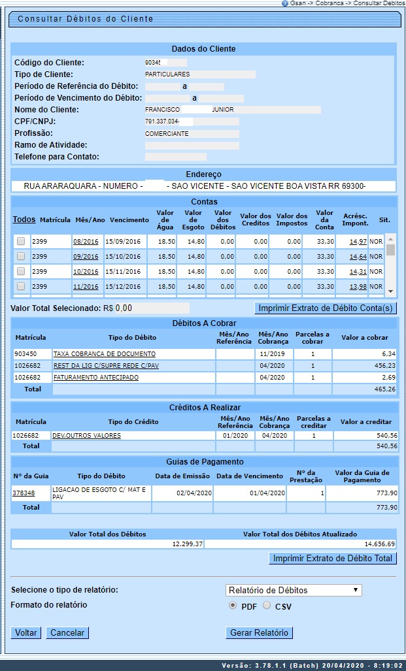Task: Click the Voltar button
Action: pos(26,632)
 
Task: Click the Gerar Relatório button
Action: pos(260,632)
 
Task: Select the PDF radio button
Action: pos(233,606)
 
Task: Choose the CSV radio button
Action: pos(267,606)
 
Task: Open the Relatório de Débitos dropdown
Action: pos(293,590)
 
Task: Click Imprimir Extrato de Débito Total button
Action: pos(333,559)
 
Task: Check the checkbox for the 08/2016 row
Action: pos(21,241)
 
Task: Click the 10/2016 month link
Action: pos(86,272)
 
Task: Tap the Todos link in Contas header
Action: pos(24,220)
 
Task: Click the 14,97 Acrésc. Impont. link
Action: pos(358,241)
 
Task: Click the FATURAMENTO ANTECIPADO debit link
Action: pos(95,377)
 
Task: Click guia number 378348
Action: pos(24,493)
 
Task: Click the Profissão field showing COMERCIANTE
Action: pos(192,133)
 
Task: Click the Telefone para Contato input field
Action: pos(175,157)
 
